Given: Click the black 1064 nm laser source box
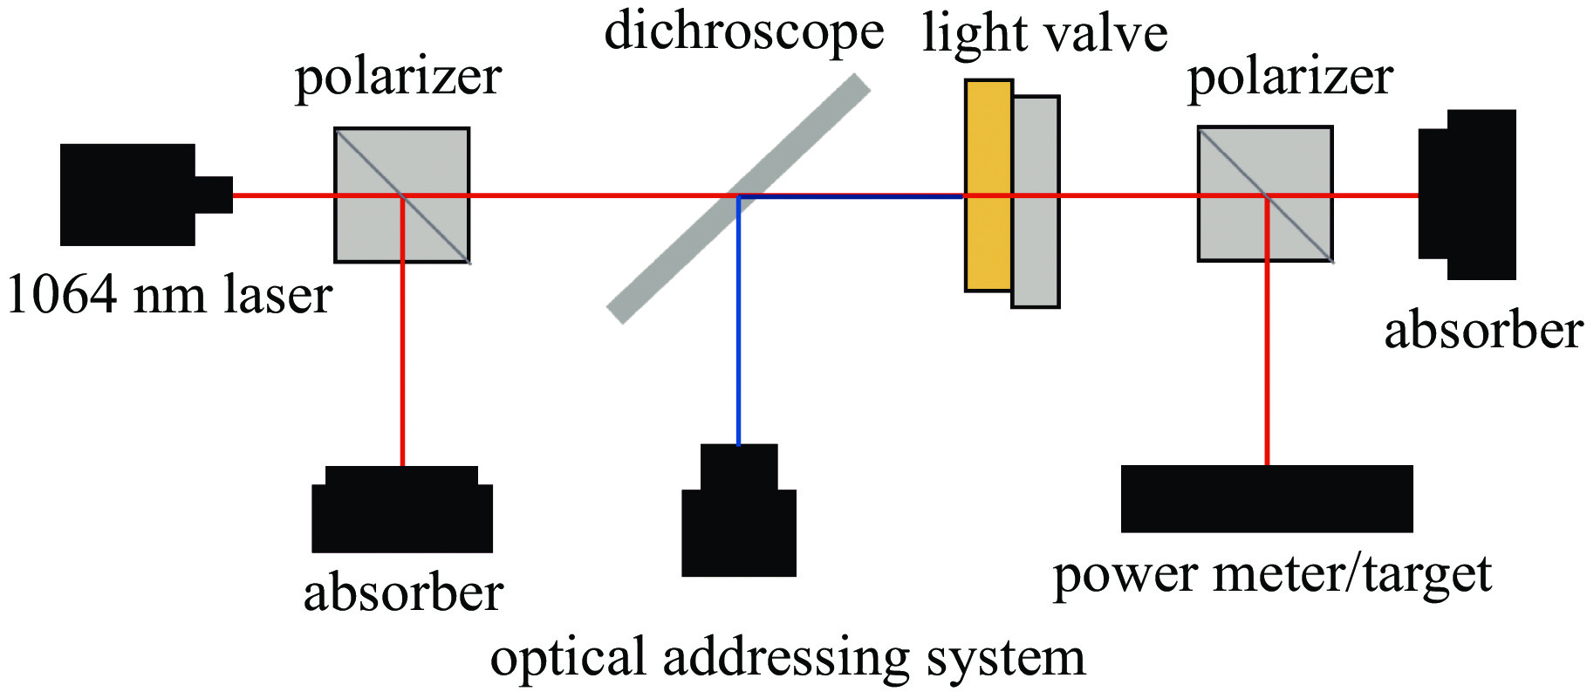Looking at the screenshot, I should pos(127,194).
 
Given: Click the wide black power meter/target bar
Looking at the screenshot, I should pos(1266,498).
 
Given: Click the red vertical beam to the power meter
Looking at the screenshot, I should pos(1267,349).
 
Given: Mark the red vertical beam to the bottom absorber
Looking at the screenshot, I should pos(402,349).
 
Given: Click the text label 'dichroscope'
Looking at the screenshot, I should pos(744,33).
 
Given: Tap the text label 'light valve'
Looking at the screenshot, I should pos(1045,35).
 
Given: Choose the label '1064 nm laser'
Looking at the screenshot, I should pos(170,295).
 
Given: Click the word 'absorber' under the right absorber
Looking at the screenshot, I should pos(1483,332).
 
